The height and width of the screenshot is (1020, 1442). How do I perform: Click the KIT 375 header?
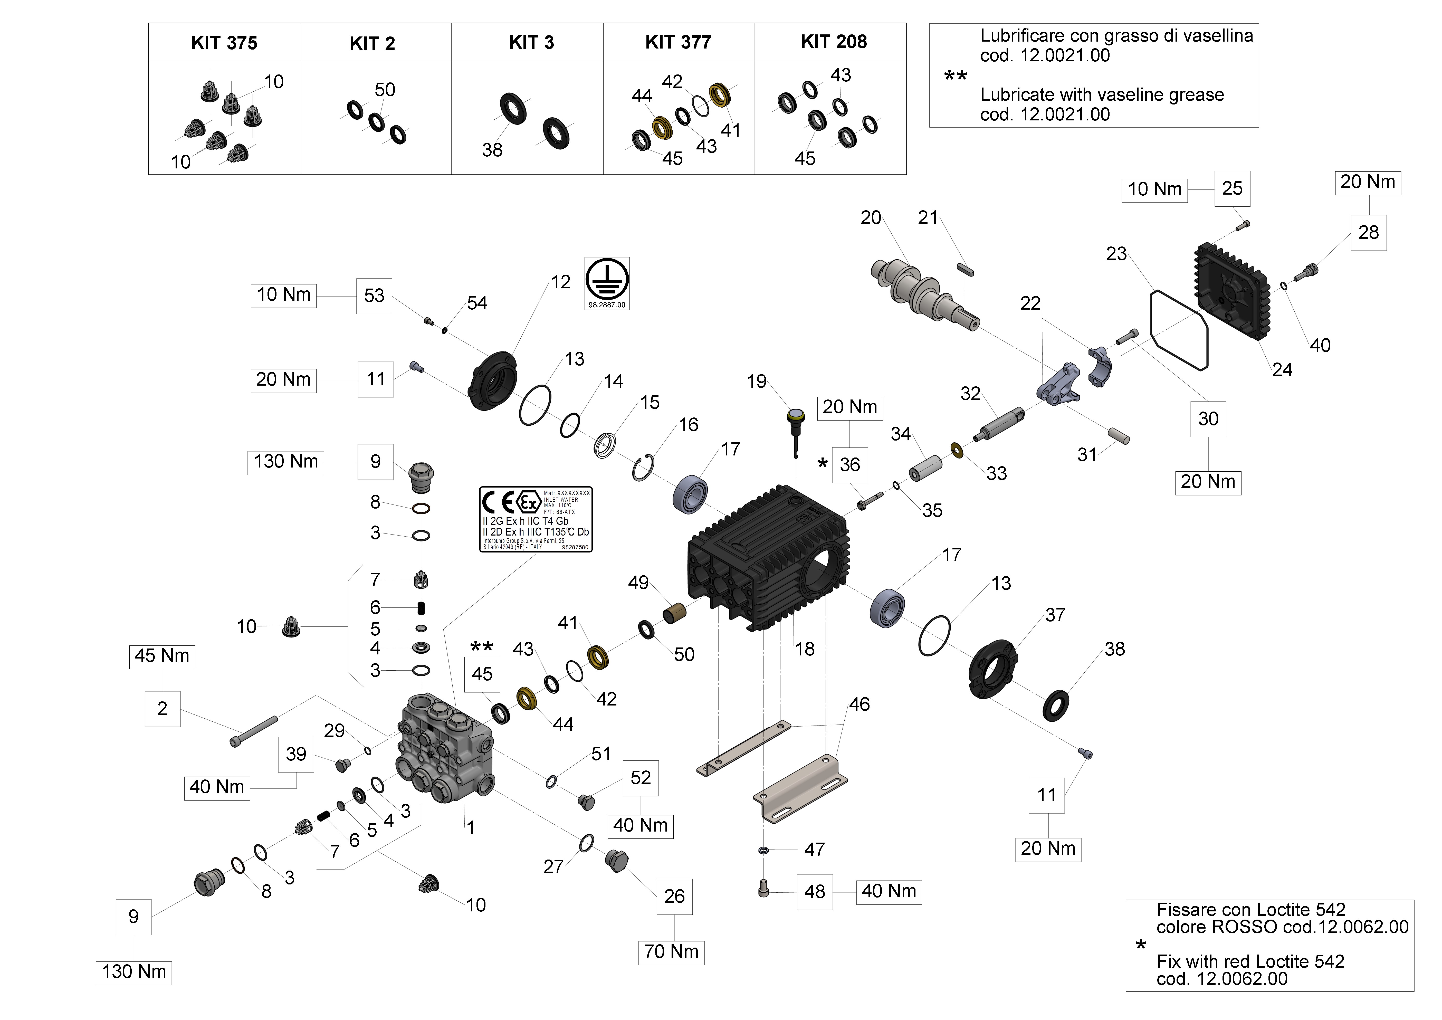coord(224,43)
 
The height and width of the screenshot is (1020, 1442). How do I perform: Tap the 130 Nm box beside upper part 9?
coord(286,462)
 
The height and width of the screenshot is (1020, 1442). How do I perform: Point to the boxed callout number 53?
coord(374,295)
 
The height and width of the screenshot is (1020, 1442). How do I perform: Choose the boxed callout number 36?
coord(850,465)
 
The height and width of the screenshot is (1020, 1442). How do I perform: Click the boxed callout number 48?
coord(815,891)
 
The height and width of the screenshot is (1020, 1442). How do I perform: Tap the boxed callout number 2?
coord(162,709)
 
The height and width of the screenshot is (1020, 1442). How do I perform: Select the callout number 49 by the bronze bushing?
coord(638,583)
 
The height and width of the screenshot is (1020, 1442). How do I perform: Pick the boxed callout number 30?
coord(1208,419)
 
